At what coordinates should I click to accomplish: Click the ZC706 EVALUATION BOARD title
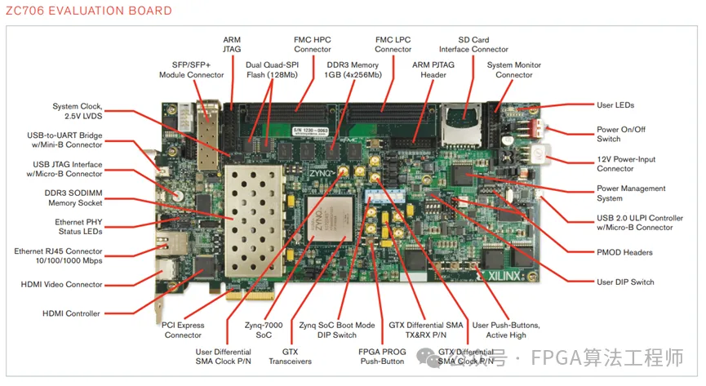(x=87, y=11)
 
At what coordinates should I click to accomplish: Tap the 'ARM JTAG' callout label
(x=232, y=44)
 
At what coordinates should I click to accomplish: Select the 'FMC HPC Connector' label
(x=313, y=44)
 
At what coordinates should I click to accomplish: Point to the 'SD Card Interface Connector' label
(x=473, y=44)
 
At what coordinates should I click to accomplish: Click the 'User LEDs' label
(x=615, y=105)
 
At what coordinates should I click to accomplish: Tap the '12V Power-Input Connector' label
(x=626, y=164)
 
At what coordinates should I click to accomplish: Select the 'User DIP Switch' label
(x=625, y=282)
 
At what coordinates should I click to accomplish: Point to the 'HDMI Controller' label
(x=71, y=313)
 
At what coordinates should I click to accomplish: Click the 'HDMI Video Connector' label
(x=62, y=285)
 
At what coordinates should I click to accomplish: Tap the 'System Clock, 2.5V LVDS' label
(x=78, y=111)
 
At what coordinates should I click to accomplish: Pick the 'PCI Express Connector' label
(x=183, y=330)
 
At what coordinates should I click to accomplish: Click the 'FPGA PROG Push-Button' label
(x=381, y=356)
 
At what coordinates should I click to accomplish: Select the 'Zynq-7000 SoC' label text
(x=263, y=330)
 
